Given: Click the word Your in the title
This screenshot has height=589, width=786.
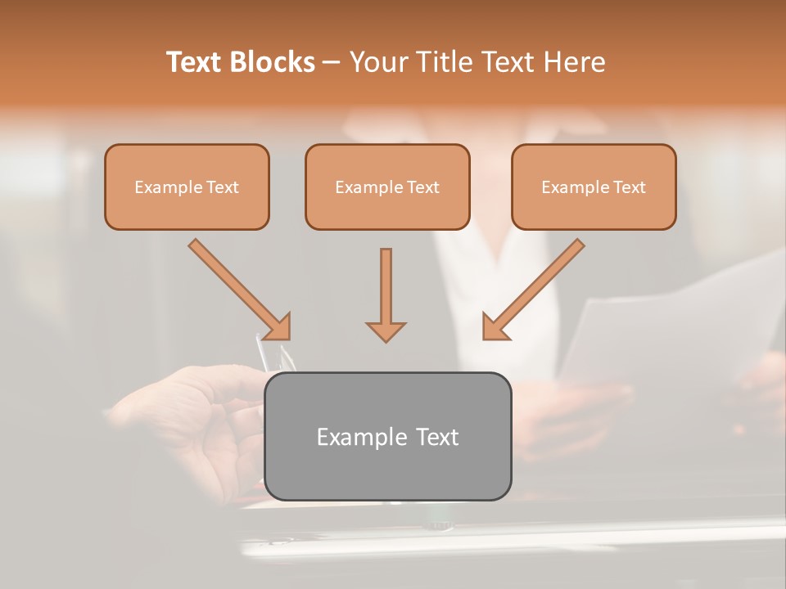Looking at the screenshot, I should pos(379,62).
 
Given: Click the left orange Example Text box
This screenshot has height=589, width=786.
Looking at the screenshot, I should pos(187,187).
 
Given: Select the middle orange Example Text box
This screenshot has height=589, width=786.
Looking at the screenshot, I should pos(387,187).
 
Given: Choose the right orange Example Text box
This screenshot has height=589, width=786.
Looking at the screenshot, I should pos(594,187).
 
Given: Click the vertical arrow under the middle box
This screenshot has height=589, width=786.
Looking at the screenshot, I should pos(386,286).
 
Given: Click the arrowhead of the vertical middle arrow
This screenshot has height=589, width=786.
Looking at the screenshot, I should pos(386,331).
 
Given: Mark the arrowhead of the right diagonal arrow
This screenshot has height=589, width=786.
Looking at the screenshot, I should pos(494,327).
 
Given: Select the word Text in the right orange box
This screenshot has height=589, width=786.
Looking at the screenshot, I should pos(629,187).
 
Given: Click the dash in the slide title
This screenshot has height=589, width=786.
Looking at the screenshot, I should pos(332,62).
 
